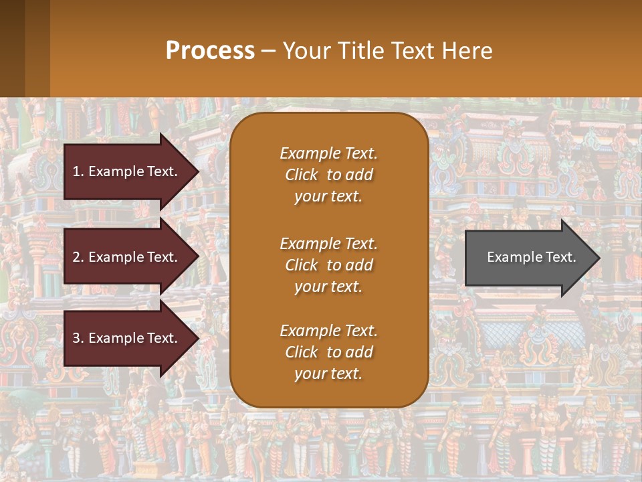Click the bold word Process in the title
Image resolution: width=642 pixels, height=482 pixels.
tap(210, 50)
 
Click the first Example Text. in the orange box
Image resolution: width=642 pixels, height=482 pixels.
tap(328, 153)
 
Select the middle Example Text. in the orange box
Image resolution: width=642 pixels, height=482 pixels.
tap(328, 243)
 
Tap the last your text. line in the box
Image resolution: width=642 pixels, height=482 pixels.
tap(328, 374)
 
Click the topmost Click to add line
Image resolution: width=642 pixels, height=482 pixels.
tap(328, 175)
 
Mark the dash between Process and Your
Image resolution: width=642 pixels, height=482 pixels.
tap(269, 51)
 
